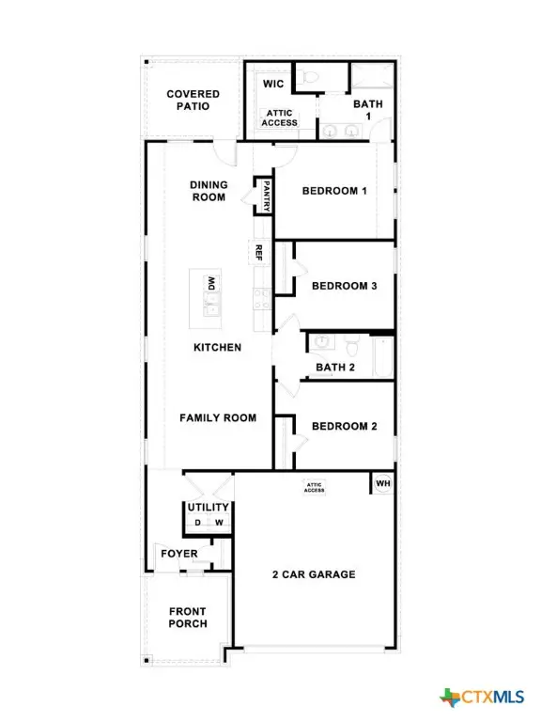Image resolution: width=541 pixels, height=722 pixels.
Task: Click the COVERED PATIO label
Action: (193, 100)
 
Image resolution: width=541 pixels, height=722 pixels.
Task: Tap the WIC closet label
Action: (273, 85)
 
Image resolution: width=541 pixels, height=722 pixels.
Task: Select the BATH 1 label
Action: (367, 111)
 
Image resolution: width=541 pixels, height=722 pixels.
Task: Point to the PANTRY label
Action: (267, 195)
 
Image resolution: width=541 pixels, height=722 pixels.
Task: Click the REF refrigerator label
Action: (258, 251)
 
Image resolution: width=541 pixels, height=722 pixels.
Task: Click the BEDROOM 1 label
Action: (333, 191)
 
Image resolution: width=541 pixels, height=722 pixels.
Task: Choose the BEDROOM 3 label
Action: (344, 286)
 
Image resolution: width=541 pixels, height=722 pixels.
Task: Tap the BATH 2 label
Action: (335, 368)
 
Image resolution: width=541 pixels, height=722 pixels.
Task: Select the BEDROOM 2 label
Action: (344, 426)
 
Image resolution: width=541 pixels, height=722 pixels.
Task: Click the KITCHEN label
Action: (217, 347)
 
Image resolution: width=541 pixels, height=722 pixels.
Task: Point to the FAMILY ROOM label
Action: (218, 417)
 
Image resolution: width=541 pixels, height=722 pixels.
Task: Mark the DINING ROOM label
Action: (208, 191)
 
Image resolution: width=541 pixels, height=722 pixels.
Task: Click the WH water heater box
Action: (382, 484)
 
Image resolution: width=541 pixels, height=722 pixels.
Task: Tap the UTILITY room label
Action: (208, 508)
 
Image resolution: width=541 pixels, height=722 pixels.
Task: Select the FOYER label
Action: (178, 554)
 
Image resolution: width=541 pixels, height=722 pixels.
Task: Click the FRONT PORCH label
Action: (188, 618)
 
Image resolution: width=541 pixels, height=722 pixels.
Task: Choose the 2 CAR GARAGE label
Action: (314, 574)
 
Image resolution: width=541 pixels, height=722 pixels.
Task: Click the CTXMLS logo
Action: (481, 697)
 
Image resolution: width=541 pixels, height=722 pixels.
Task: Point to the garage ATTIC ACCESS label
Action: (314, 487)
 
